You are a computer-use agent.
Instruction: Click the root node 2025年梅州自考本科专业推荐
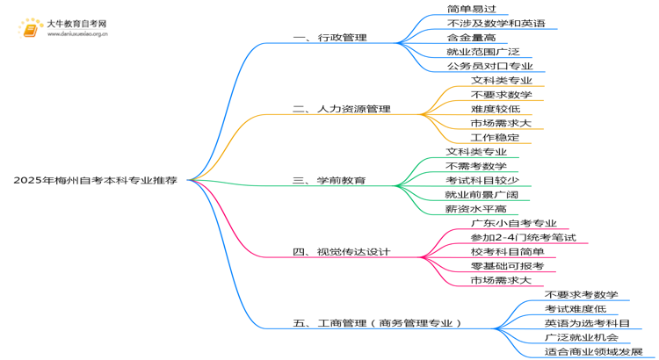96,180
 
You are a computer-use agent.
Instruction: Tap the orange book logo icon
30,29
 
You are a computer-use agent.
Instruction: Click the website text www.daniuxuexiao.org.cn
77,34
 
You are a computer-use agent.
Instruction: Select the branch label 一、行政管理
329,38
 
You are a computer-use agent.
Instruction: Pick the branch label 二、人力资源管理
342,109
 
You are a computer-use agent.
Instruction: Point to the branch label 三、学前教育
329,180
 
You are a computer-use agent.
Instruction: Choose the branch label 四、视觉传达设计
342,252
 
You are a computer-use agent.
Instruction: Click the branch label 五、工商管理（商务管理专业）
377,323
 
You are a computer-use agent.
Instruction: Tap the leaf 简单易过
472,9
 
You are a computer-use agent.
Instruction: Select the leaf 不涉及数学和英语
496,23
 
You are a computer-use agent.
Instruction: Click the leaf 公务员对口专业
490,66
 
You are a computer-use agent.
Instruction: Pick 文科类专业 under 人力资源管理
502,80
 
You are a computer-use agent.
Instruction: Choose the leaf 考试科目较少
482,180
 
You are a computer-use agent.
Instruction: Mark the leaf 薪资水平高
476,209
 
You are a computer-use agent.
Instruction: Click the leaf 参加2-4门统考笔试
524,237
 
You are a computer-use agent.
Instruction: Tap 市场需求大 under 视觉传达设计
501,280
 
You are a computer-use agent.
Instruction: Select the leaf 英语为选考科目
587,323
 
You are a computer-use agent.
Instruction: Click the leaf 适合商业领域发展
593,351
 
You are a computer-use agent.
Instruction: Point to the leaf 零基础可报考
507,266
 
